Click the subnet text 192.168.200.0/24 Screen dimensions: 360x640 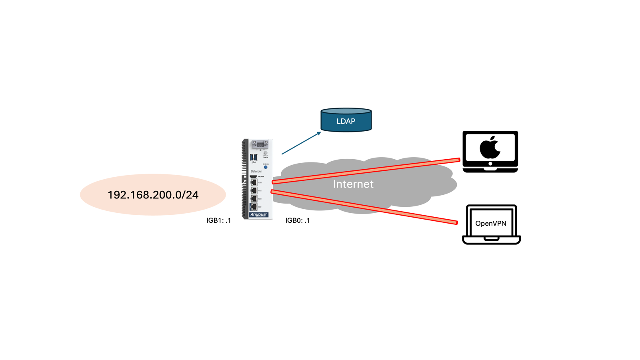tap(153, 195)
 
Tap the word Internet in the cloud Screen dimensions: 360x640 tap(353, 184)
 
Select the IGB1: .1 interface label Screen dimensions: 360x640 tap(218, 220)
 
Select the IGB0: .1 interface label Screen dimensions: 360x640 tap(298, 220)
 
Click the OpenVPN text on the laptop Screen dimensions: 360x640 tap(491, 224)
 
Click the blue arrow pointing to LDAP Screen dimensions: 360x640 tap(301, 143)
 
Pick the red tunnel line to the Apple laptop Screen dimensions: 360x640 tap(366, 171)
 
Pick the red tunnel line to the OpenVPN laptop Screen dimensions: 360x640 tap(364, 207)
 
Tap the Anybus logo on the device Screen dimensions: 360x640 tap(258, 215)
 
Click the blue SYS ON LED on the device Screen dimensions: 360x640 tap(266, 167)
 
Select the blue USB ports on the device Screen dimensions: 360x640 tap(253, 157)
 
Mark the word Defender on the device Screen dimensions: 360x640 tap(256, 172)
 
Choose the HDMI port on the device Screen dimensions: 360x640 tap(254, 176)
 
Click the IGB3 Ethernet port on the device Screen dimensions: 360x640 tap(254, 182)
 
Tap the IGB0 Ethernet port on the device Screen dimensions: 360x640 tap(254, 207)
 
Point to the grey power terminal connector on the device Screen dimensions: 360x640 tap(260, 144)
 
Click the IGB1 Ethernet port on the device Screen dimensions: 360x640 tap(254, 199)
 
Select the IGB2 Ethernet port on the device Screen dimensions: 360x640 tap(254, 190)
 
